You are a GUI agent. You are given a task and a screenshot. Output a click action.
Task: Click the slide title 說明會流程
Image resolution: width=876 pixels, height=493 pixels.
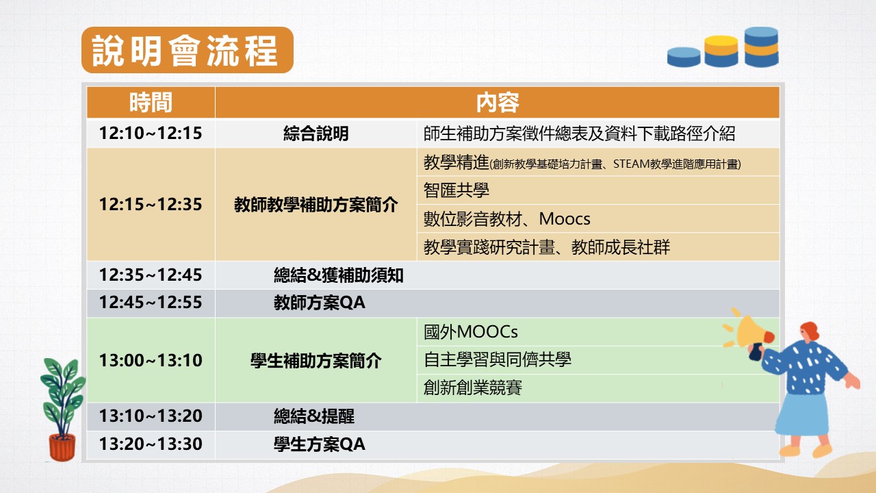[x=185, y=51]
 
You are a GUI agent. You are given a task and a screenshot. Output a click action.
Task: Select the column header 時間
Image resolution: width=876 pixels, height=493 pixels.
[x=151, y=103]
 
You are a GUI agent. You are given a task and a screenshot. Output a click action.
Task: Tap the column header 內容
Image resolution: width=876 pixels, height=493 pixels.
[x=498, y=103]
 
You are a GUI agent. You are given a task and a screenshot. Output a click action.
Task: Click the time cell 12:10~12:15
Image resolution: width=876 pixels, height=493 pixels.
[x=151, y=133]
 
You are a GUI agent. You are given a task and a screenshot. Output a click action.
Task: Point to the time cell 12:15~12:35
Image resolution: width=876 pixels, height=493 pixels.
[x=151, y=204]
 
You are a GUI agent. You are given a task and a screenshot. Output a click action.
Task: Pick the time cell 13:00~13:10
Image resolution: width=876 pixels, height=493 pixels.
[x=151, y=360]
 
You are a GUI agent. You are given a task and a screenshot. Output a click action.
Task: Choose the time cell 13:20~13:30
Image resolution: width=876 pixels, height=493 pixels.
[x=151, y=444]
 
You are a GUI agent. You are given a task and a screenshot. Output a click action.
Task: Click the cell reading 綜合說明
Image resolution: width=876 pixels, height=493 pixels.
[x=316, y=134]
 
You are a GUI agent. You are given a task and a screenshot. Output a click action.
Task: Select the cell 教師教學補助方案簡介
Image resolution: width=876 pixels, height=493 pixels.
[x=316, y=205]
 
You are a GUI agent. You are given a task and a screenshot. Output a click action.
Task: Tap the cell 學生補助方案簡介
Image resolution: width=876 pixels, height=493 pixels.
[x=316, y=361]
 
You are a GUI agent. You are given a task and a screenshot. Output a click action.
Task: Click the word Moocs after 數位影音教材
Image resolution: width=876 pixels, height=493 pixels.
[x=565, y=219]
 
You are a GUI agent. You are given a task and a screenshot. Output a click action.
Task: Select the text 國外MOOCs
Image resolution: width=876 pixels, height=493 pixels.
[x=471, y=332]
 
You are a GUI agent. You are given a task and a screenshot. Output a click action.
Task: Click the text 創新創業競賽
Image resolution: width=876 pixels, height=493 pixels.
[x=473, y=388]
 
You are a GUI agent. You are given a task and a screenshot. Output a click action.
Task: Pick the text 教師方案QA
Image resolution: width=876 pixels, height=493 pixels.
[x=320, y=303]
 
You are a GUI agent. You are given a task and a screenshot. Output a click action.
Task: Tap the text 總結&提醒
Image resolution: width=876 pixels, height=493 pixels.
[x=314, y=416]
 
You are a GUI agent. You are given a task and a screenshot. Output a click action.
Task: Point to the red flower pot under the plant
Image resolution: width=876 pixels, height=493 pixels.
[x=62, y=447]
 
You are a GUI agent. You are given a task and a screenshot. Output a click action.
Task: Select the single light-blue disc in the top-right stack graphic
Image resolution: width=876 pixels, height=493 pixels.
[x=684, y=57]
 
